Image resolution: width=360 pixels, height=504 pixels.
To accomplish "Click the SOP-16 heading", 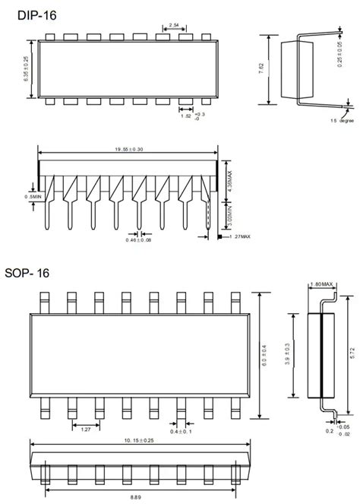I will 27,271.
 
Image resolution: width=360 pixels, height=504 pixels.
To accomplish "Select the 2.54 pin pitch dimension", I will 175,27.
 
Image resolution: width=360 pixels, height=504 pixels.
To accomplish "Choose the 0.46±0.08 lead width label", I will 139,241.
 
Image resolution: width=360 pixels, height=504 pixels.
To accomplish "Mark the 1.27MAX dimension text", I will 238,236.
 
